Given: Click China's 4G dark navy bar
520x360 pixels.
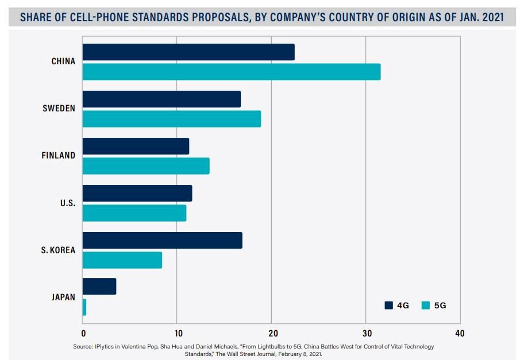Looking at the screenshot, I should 188,52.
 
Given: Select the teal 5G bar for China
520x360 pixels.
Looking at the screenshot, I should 231,72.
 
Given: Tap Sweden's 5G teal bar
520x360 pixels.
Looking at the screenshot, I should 171,119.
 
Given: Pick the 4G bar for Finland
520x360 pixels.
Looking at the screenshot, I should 136,146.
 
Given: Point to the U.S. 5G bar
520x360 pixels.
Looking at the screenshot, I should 134,213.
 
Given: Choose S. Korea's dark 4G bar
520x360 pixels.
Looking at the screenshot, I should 162,241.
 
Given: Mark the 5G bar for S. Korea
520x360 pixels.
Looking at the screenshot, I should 122,260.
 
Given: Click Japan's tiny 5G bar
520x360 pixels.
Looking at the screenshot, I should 84,307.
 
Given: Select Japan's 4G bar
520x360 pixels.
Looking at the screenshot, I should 99,287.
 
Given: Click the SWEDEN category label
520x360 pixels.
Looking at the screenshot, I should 59,109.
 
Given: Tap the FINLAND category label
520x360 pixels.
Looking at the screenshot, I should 58,156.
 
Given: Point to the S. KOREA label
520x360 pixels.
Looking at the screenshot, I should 58,250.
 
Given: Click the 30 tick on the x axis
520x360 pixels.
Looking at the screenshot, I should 365,334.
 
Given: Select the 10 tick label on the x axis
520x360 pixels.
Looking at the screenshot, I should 178,334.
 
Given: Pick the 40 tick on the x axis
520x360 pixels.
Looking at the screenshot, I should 459,334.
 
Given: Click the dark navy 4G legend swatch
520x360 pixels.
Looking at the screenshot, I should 389,305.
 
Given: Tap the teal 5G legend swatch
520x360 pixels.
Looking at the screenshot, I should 426,305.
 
